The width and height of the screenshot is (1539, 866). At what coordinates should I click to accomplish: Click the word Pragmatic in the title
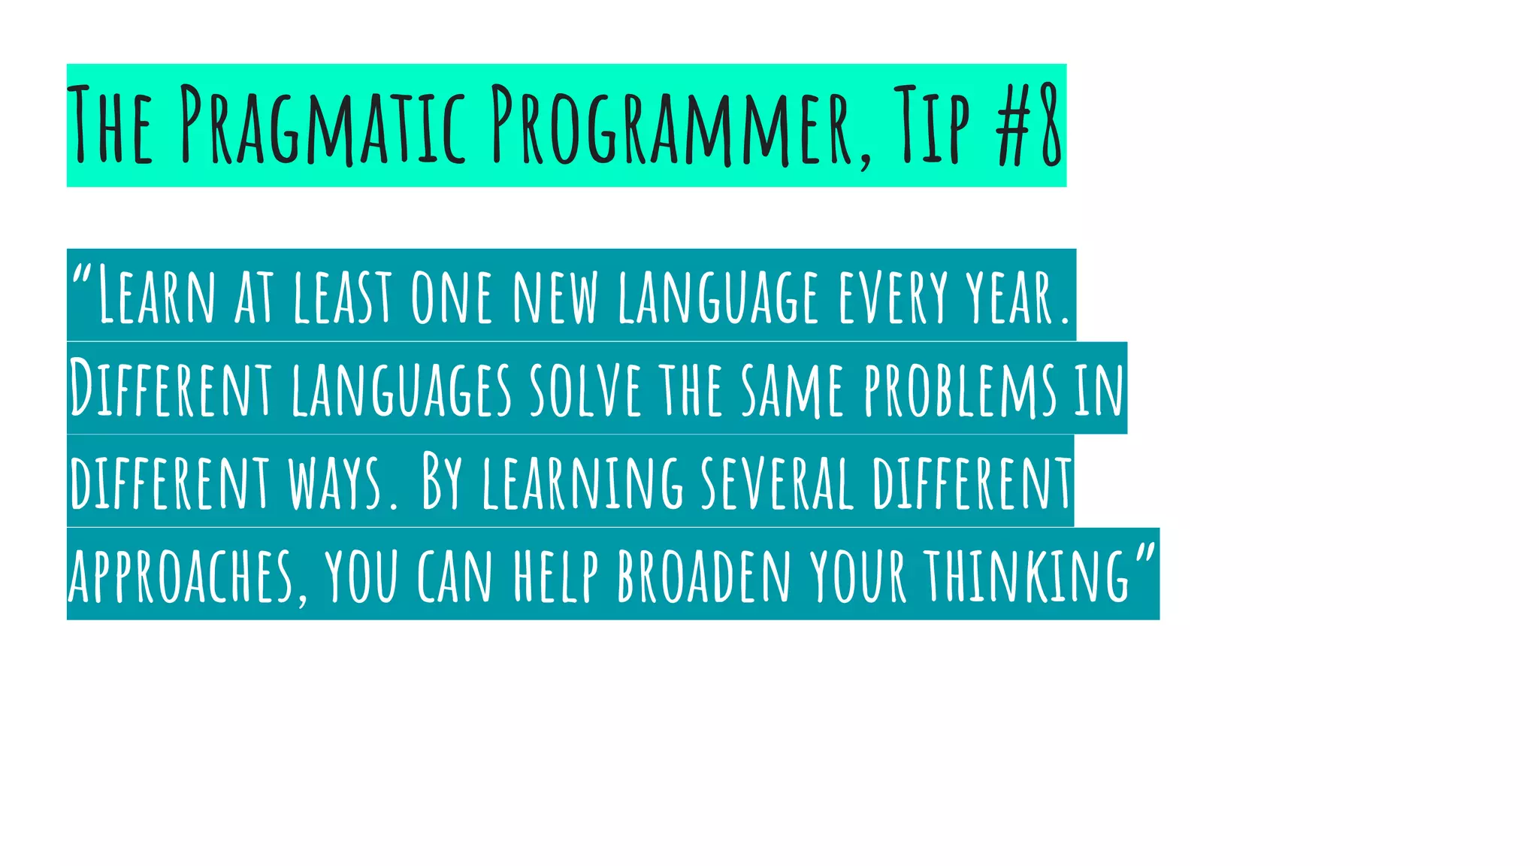(323, 126)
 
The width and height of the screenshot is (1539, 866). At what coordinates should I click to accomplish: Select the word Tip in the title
(931, 126)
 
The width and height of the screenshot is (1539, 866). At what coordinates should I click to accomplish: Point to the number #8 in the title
(1029, 126)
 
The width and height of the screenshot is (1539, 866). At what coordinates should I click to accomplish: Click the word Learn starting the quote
(156, 296)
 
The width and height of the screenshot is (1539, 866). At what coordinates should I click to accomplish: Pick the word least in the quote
(343, 296)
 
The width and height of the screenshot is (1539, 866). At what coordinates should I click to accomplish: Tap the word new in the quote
(555, 296)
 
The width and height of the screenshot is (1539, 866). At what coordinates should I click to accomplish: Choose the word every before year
(893, 296)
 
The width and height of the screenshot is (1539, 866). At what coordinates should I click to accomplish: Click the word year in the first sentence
(1011, 296)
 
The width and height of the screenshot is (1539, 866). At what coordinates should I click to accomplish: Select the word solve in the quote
(585, 389)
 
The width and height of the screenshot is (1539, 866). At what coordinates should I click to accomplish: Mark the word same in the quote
(792, 389)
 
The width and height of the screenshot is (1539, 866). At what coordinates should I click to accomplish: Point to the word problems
(960, 389)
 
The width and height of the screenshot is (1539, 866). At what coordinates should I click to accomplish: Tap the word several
(777, 482)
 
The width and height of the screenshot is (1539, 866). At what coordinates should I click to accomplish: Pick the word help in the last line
(556, 576)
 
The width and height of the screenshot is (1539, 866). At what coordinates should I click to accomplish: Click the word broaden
(703, 576)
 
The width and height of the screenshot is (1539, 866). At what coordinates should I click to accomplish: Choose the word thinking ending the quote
(1027, 576)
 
